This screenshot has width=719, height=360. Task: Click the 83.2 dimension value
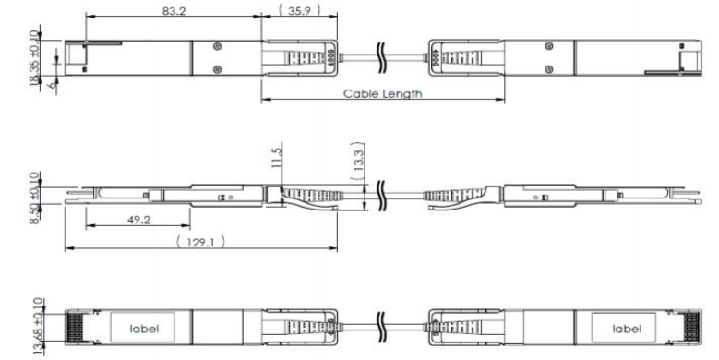click(174, 10)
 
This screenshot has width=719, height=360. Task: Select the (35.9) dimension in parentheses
click(299, 10)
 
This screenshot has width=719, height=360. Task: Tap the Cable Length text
click(382, 93)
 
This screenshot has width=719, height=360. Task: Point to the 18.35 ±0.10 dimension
click(34, 59)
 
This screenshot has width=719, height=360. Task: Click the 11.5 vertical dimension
click(277, 156)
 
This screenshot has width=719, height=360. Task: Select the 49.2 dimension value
click(139, 220)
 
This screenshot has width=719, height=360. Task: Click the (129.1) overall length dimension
click(201, 242)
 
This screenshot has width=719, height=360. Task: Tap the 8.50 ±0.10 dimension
click(34, 198)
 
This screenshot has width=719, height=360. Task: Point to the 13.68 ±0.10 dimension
click(38, 326)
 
